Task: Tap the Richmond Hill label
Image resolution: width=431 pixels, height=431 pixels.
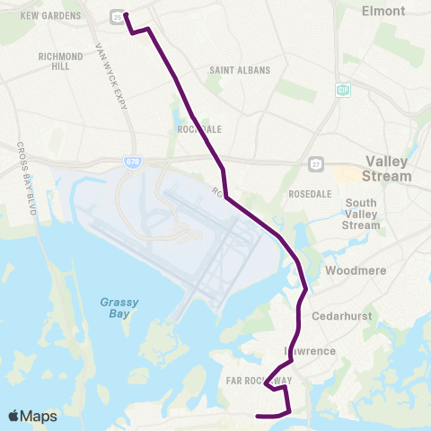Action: [x=61, y=61]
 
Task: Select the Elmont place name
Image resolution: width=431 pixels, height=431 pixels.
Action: [x=383, y=11]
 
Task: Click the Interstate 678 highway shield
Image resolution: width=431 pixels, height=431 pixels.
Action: [x=131, y=161]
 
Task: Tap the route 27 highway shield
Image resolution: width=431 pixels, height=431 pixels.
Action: [x=315, y=163]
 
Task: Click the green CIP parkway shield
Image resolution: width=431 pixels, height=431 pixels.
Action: [x=343, y=90]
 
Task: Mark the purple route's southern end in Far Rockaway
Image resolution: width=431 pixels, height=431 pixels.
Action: [x=258, y=416]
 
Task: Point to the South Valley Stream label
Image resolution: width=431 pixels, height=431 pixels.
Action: [x=361, y=214]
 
